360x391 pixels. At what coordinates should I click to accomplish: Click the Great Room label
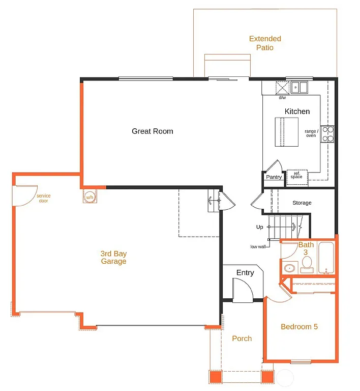tap(153, 131)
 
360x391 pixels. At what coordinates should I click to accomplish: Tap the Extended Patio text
tap(265, 43)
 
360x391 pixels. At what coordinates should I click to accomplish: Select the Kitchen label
tap(297, 111)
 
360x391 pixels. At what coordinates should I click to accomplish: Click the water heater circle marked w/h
tap(89, 197)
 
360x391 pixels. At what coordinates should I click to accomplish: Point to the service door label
tap(43, 198)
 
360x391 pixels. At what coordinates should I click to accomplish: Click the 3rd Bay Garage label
tap(113, 257)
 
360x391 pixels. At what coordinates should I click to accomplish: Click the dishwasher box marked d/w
tap(282, 88)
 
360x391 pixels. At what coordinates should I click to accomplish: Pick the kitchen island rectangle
tap(286, 132)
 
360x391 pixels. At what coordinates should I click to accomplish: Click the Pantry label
tap(274, 177)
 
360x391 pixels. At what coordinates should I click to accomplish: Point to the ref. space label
tap(296, 175)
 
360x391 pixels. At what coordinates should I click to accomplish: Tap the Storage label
tap(302, 203)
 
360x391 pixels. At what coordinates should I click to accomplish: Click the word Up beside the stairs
tap(260, 227)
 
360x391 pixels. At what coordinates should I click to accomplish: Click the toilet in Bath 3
tap(307, 263)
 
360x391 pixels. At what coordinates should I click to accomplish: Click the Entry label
tap(245, 273)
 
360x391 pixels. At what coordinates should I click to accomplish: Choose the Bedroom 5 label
tap(299, 326)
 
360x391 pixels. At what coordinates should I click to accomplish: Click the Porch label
tap(242, 339)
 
